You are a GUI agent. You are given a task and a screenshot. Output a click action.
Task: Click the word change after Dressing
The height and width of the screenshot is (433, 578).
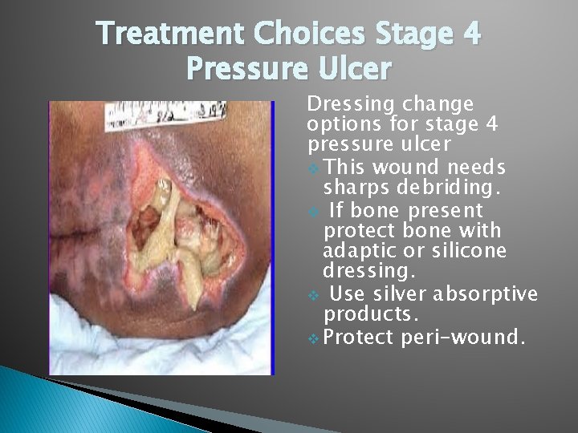click(x=433, y=105)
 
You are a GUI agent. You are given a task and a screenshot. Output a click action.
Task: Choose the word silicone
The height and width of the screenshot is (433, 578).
click(x=466, y=251)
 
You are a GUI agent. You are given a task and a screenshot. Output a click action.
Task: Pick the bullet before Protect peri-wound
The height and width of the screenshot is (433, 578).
click(x=313, y=336)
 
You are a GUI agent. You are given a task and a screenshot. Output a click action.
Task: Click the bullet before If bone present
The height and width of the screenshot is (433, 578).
click(x=313, y=210)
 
